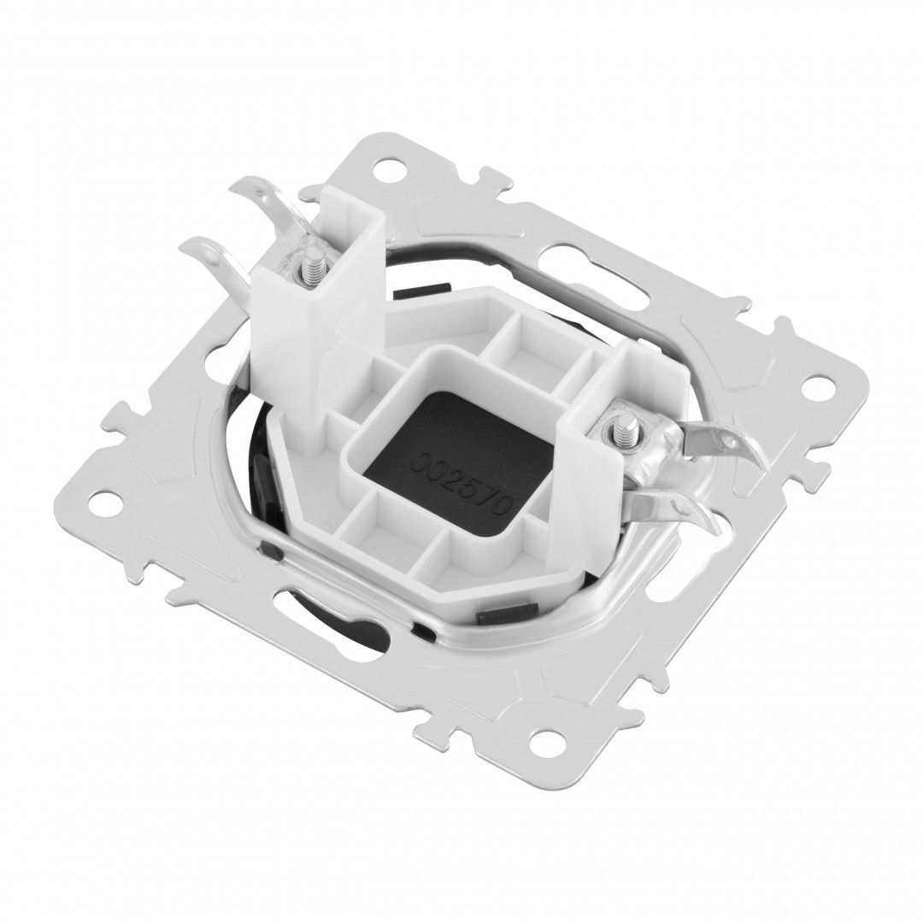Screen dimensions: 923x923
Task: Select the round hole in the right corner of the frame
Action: click(815, 388)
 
